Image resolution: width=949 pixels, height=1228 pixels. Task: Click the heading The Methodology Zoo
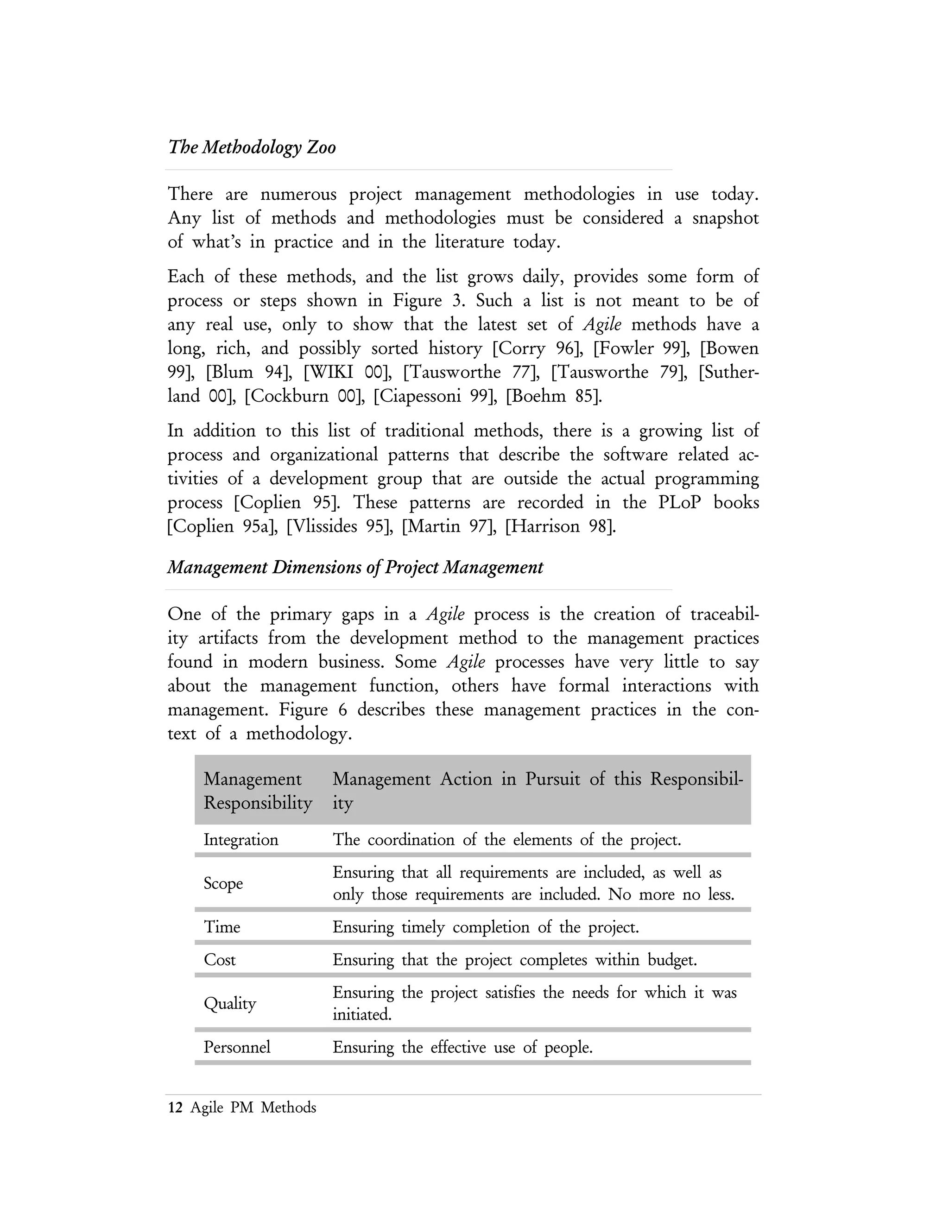click(x=252, y=147)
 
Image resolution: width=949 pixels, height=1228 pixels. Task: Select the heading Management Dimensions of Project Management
click(x=355, y=567)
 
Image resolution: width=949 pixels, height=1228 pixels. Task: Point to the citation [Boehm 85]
click(x=554, y=396)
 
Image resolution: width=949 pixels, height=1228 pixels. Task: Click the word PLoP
click(x=679, y=503)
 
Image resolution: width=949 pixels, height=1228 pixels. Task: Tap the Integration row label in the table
click(x=240, y=840)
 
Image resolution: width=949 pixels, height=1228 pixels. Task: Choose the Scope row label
click(x=223, y=883)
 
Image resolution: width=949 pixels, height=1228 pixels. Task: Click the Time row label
click(x=221, y=927)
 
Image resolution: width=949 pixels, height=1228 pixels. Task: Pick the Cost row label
click(x=219, y=960)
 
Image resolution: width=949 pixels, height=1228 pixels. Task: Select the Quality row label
click(x=229, y=1004)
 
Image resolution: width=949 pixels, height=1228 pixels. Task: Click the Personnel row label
click(x=237, y=1048)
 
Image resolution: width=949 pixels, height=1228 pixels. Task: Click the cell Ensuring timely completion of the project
click(x=486, y=927)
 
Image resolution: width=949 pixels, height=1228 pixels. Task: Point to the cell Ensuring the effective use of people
click(x=463, y=1048)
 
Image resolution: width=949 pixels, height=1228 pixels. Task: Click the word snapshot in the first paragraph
click(x=725, y=218)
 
